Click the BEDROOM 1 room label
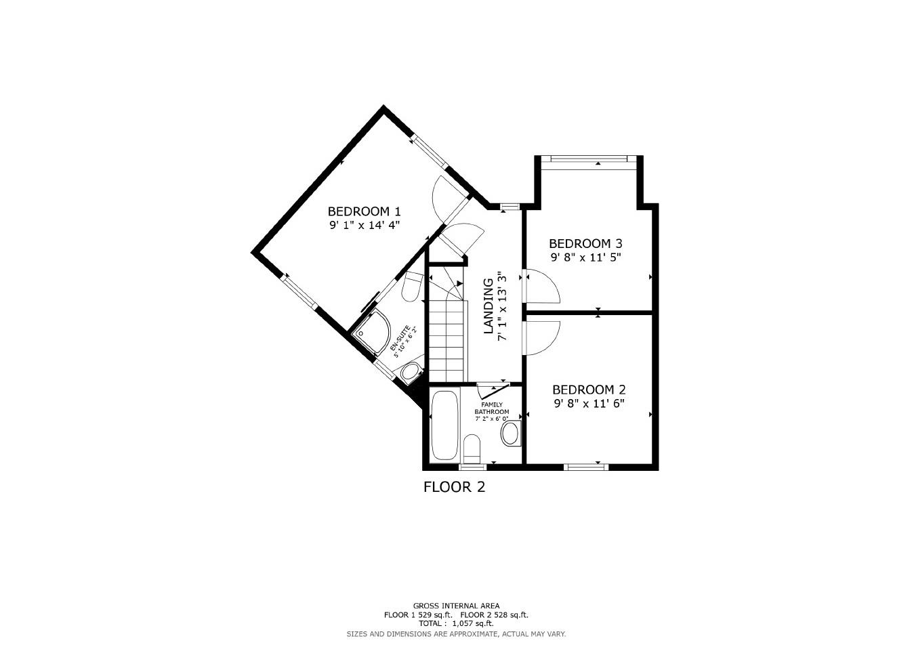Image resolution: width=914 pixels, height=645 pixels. pyautogui.click(x=364, y=211)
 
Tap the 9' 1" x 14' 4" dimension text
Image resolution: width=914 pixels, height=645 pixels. pyautogui.click(x=364, y=226)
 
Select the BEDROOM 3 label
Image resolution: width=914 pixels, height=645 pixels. pyautogui.click(x=585, y=243)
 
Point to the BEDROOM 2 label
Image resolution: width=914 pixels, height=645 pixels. pyautogui.click(x=588, y=390)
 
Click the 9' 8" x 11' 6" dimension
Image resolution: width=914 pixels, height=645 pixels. pyautogui.click(x=588, y=404)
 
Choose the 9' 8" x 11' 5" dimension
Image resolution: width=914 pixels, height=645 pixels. pyautogui.click(x=585, y=257)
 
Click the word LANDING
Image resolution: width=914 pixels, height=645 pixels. pyautogui.click(x=488, y=306)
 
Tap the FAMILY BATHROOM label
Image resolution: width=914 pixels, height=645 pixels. pyautogui.click(x=491, y=408)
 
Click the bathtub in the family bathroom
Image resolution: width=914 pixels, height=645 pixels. pyautogui.click(x=444, y=425)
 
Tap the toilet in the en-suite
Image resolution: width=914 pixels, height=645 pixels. pyautogui.click(x=411, y=287)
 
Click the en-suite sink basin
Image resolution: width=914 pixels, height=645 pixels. pyautogui.click(x=409, y=372)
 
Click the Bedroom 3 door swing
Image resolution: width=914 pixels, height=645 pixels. pyautogui.click(x=542, y=286)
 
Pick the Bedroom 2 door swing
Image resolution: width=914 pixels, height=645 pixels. pyautogui.click(x=542, y=335)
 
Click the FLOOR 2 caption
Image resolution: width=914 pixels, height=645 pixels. pyautogui.click(x=454, y=486)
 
